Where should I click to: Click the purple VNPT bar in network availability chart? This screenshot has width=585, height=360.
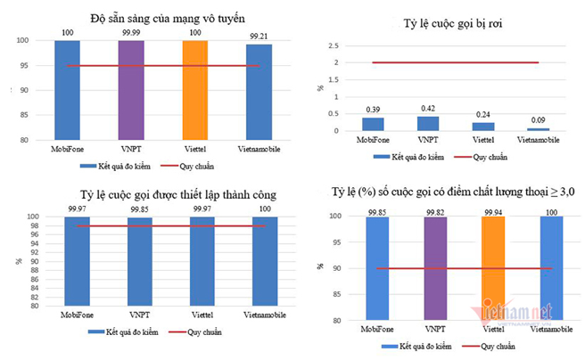click(x=131, y=89)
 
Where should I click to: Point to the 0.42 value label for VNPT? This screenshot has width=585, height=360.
click(x=428, y=109)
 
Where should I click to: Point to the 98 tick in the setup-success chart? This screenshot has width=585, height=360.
click(x=31, y=225)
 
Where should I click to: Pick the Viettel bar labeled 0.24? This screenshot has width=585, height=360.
click(x=482, y=127)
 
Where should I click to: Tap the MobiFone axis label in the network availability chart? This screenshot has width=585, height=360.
click(x=67, y=148)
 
